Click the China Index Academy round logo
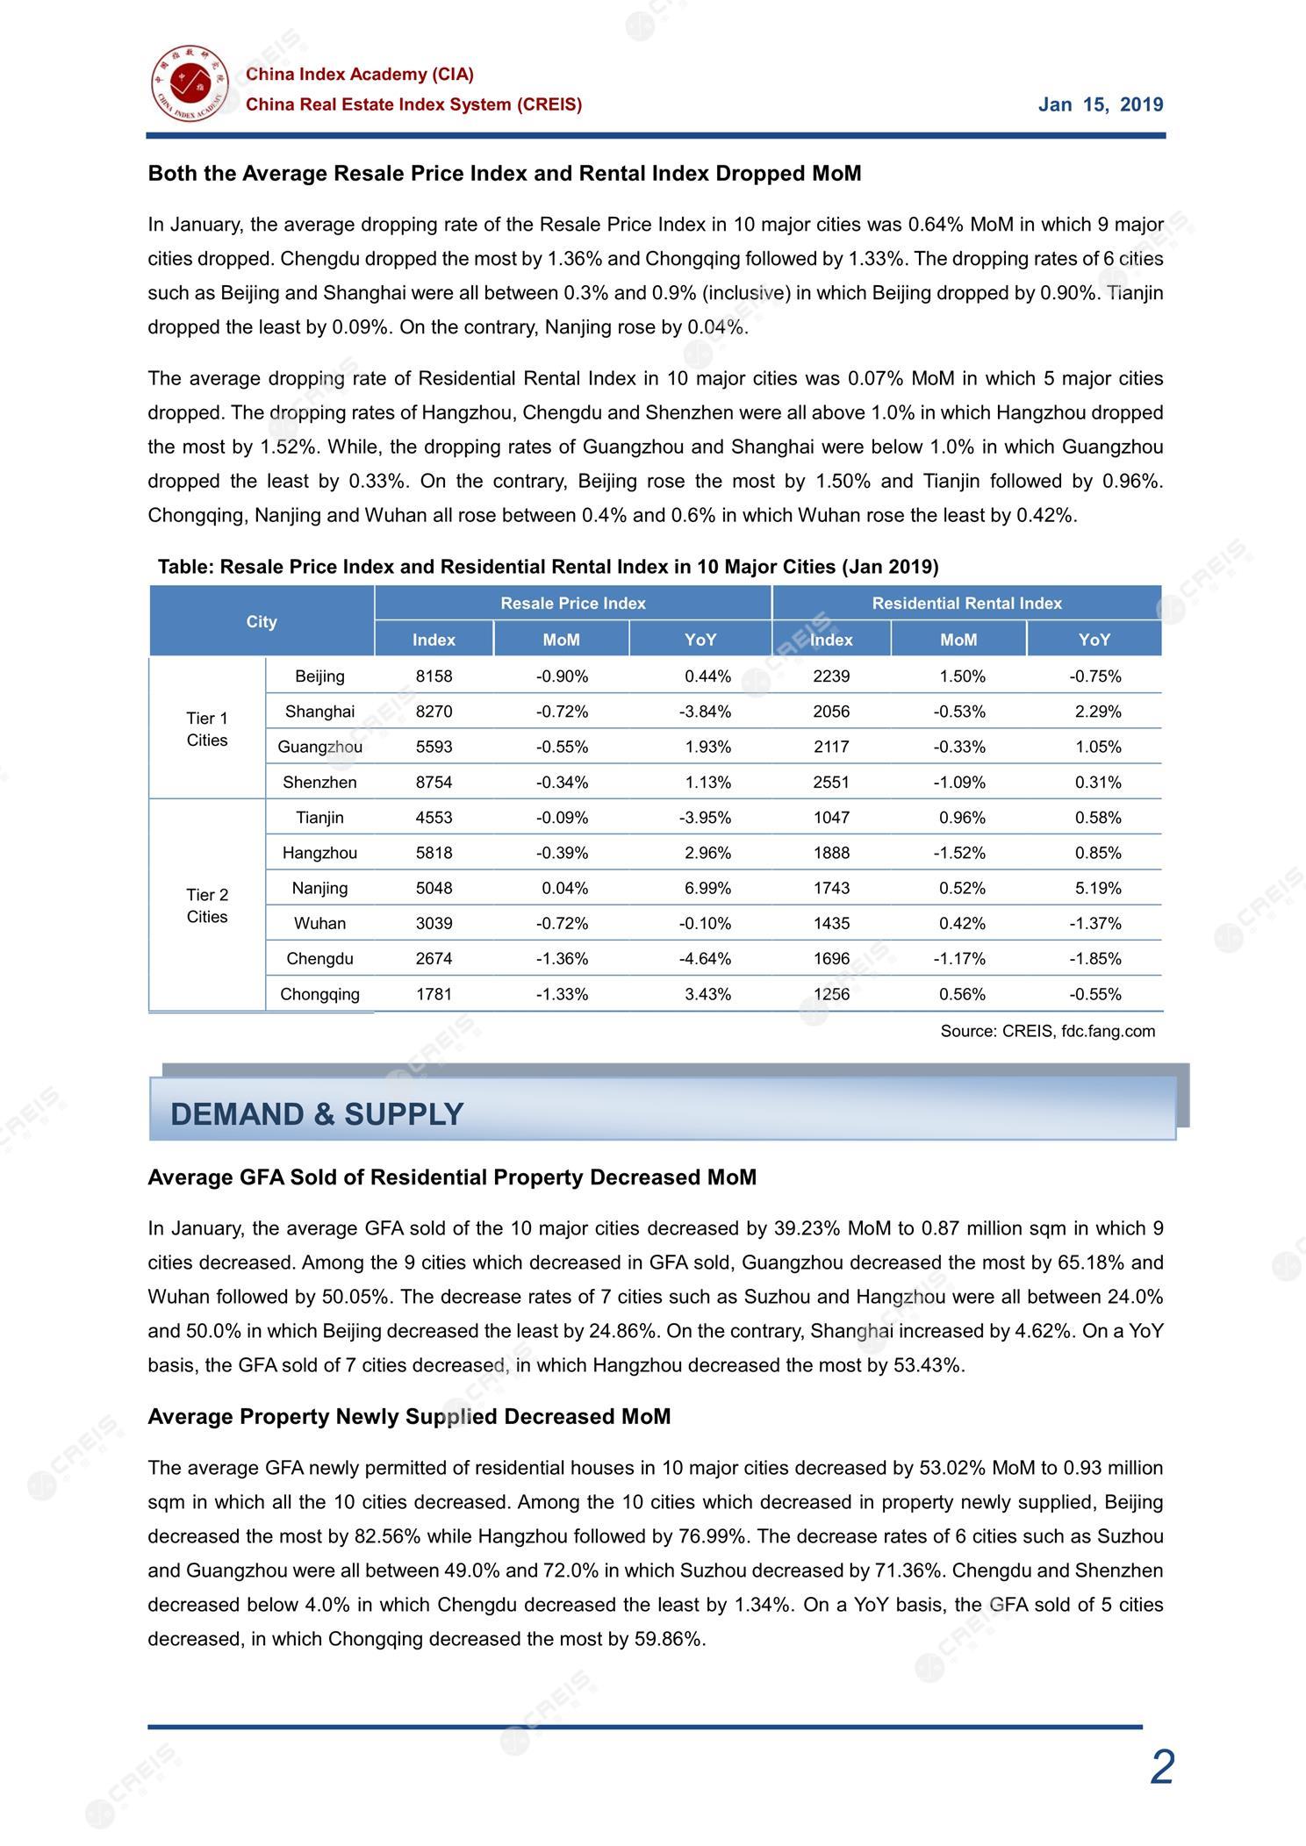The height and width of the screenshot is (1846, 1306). tap(189, 84)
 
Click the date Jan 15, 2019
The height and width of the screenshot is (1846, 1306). tap(1101, 105)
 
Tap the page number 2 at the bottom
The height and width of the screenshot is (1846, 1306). tap(1161, 1767)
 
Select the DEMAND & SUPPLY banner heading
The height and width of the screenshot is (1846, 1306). tap(317, 1113)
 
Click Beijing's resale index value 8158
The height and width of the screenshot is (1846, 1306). tap(434, 676)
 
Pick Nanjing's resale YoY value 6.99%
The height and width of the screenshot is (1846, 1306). tap(707, 888)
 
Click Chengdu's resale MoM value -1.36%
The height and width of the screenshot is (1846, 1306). tap(562, 958)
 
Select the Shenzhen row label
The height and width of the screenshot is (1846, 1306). tap(319, 782)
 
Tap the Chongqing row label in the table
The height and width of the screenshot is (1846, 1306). tap(319, 994)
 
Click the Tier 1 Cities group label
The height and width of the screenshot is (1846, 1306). tap(207, 729)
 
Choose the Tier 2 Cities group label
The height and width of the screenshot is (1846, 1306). tap(207, 905)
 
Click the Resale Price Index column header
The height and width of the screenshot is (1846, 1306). tap(573, 603)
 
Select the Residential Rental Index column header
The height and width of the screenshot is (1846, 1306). tap(966, 603)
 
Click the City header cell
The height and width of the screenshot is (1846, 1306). tap(262, 621)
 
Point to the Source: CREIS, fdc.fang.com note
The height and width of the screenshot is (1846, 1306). tap(1047, 1031)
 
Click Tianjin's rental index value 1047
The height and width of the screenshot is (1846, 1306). tap(831, 818)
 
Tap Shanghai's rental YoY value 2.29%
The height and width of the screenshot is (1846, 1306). tap(1098, 712)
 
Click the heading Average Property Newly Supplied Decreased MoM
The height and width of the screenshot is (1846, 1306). tap(409, 1416)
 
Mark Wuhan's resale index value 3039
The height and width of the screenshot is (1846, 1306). tap(434, 923)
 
